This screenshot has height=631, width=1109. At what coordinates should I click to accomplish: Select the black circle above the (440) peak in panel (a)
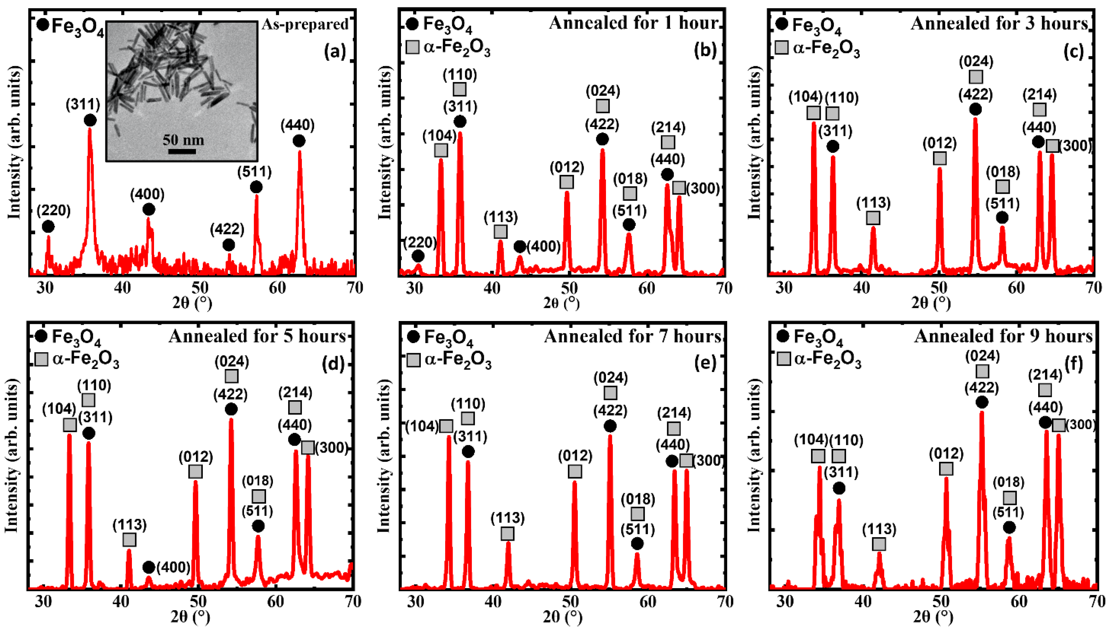click(x=298, y=141)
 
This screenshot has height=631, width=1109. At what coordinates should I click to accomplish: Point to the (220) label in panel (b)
click(x=420, y=242)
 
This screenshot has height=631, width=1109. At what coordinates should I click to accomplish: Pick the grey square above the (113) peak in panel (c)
click(x=873, y=217)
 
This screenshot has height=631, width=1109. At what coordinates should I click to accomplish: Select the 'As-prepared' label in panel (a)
click(x=305, y=24)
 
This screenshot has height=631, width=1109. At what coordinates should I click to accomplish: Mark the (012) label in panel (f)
click(x=946, y=454)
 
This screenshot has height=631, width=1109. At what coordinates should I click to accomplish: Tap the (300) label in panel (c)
click(x=1075, y=146)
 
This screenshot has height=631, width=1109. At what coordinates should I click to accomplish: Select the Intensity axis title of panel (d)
click(x=11, y=455)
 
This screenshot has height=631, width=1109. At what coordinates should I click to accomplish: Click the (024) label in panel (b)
click(x=603, y=91)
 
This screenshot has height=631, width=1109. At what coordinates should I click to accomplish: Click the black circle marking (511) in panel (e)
click(x=637, y=543)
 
